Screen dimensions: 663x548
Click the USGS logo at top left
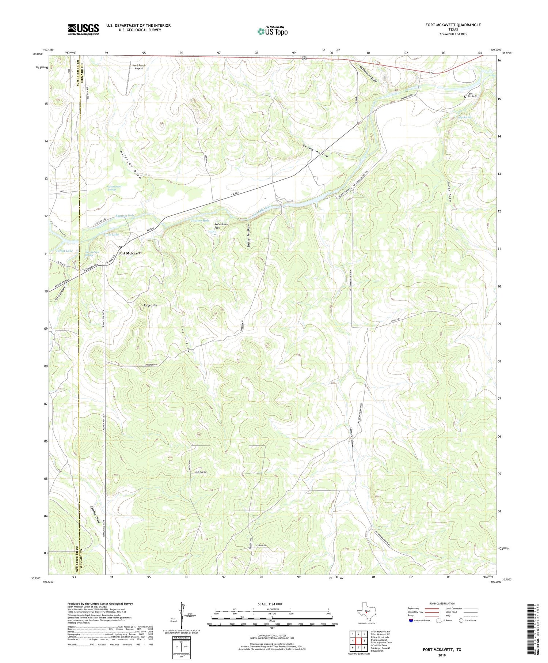(83, 30)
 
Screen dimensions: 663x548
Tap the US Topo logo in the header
(273, 31)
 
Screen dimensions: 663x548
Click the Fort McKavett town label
(129, 253)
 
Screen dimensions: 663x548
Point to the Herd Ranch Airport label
(139, 67)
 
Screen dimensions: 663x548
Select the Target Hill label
(151, 305)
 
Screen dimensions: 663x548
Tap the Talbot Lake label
(64, 251)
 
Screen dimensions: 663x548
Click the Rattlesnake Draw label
(368, 75)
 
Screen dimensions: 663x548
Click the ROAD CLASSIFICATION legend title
(442, 603)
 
